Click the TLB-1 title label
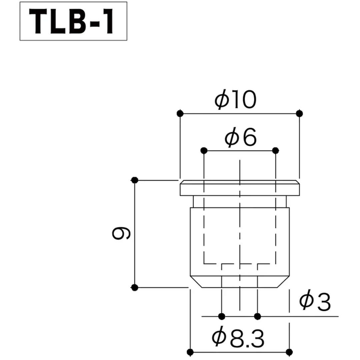pos(73,21)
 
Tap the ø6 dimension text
pos(241,138)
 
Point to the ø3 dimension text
pos(315,302)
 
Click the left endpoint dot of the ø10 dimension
pos(180,113)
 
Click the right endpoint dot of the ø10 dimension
pos(299,113)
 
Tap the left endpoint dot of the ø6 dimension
pos(204,151)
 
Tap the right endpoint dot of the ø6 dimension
pos(275,151)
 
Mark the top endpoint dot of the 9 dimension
pos(135,180)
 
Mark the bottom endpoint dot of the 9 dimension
pos(135,287)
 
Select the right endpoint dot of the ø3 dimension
pos(257,316)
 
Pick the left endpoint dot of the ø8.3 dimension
pos(190,352)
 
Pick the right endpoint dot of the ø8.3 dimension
pos(289,352)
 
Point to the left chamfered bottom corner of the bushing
pos(196,282)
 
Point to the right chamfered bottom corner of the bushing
pos(283,282)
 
